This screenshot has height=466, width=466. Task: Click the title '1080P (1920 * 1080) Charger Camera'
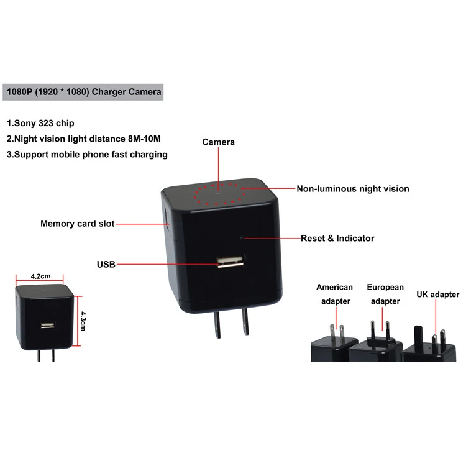84,92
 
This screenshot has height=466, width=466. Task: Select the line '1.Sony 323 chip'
40,123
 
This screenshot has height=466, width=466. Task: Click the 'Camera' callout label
219,142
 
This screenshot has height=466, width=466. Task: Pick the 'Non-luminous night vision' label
353,189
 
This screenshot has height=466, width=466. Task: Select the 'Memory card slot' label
78,224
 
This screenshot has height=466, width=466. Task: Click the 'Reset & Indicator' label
337,238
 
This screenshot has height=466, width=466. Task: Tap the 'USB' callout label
106,264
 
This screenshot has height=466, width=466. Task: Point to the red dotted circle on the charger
219,194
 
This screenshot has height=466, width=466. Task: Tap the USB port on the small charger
47,325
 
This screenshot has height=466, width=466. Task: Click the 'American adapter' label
335,294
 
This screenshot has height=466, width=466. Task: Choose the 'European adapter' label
385,294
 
